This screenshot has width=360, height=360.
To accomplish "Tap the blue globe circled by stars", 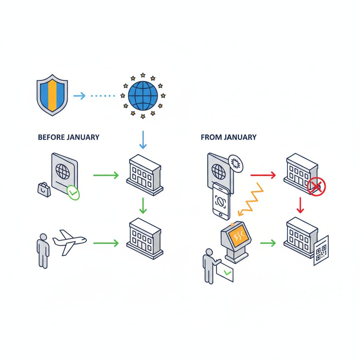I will point(143,95).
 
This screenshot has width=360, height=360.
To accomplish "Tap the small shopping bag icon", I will point(44,189).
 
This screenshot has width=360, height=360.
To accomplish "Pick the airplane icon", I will point(69,242).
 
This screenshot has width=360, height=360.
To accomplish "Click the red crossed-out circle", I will point(316,186).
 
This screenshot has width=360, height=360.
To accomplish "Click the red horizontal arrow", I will point(263,175).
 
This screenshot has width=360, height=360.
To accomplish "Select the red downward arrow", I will point(300,205).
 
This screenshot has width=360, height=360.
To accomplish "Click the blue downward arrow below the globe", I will point(143,140).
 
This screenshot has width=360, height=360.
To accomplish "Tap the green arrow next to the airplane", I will point(106,243).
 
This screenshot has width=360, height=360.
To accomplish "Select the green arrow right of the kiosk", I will point(268,243).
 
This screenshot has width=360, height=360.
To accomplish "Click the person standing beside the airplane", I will point(43,250).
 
